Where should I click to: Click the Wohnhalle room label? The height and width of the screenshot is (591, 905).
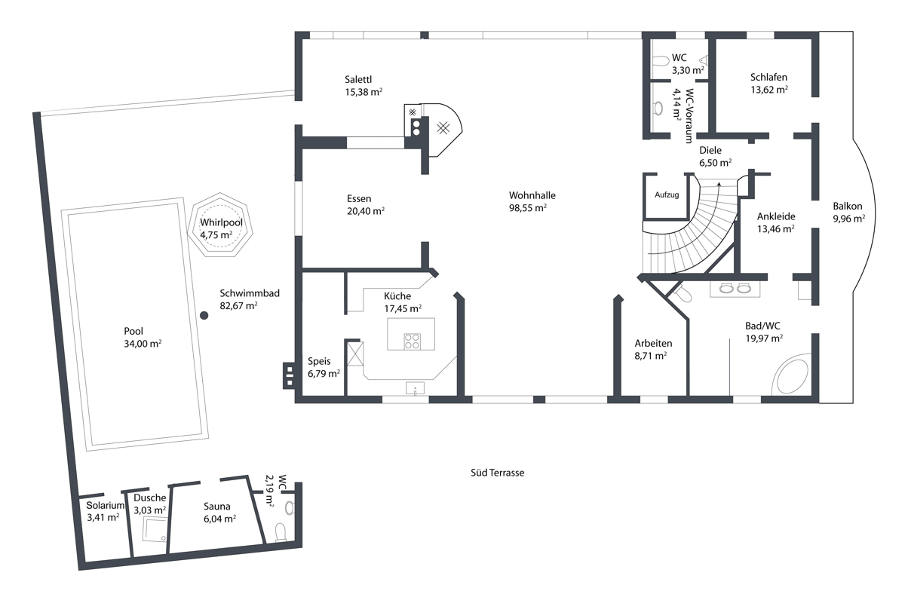tap(532, 195)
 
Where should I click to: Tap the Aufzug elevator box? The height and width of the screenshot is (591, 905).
tap(667, 197)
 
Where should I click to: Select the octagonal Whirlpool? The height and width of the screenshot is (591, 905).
tap(220, 225)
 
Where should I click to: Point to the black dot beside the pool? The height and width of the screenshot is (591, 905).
tap(204, 316)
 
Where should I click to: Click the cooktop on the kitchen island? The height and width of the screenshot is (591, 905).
tap(412, 341)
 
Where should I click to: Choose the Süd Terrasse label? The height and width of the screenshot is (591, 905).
tap(497, 473)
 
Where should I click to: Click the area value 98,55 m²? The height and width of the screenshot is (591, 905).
tap(528, 208)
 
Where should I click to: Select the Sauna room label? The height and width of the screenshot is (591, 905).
tap(217, 506)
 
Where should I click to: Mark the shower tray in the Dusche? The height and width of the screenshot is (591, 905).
tap(155, 530)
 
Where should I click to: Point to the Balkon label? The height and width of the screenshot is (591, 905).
tap(847, 206)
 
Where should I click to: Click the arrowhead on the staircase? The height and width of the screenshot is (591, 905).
tap(719, 185)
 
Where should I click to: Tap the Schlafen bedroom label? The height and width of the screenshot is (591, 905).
tap(768, 77)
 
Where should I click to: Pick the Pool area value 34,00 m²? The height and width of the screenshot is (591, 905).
tap(143, 344)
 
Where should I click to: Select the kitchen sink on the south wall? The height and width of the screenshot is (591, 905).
tap(415, 388)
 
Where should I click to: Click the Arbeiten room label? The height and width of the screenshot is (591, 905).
tap(653, 344)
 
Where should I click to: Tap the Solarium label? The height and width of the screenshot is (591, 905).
tap(105, 505)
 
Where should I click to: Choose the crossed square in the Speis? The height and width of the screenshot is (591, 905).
tap(355, 354)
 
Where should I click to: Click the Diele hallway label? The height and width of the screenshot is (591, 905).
tap(710, 150)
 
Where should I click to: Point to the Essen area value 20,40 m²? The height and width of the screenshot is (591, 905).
tap(366, 211)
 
